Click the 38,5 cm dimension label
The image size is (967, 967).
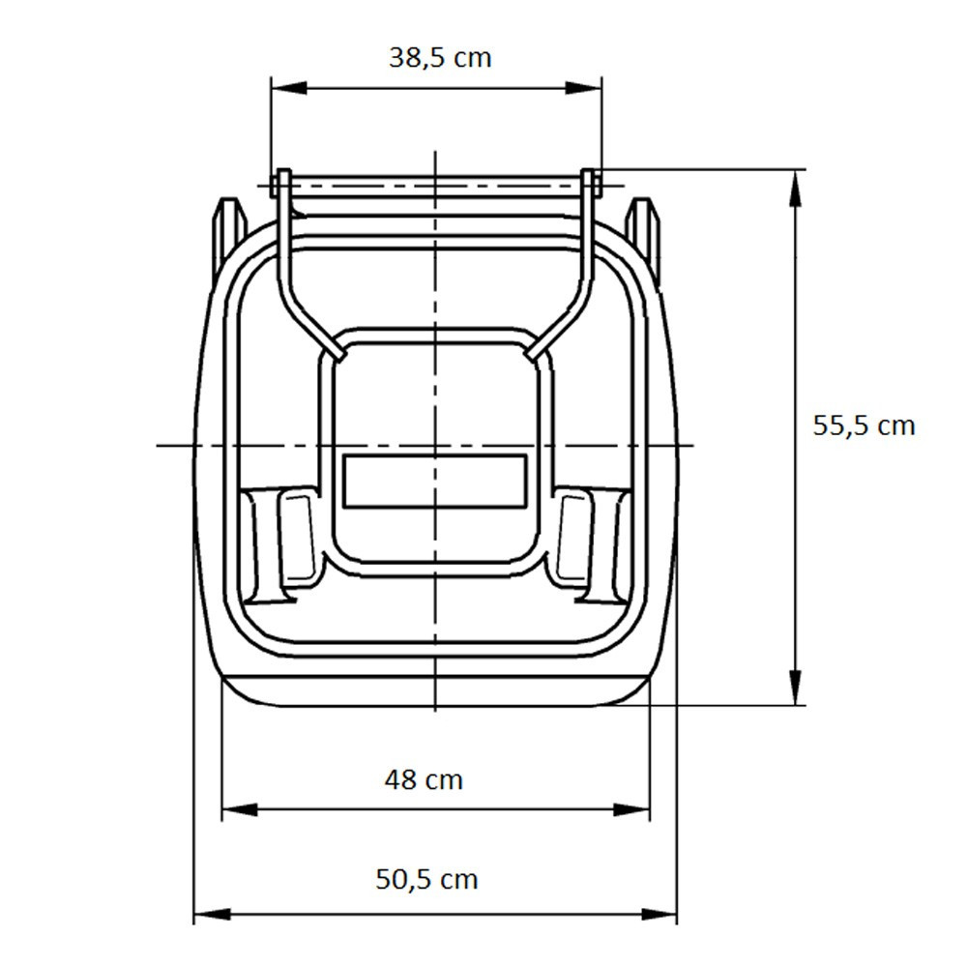pos(440,58)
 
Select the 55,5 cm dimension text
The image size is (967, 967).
pos(864,425)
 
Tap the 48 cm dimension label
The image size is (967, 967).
pos(424,778)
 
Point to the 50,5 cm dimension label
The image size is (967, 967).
pos(426,879)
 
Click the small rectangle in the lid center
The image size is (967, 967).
pos(435,481)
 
